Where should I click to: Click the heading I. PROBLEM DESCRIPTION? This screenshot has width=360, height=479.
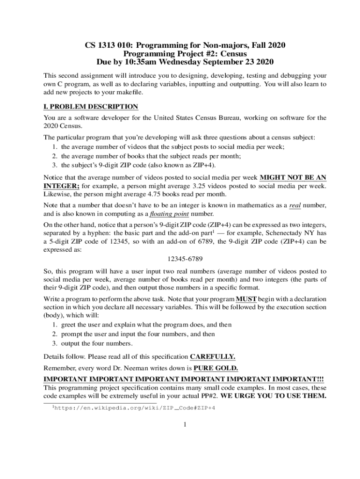click(91, 107)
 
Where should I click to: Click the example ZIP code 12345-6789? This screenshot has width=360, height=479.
click(185, 259)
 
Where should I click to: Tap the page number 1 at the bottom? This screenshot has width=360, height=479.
click(185, 425)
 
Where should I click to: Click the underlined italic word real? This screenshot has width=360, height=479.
click(295, 205)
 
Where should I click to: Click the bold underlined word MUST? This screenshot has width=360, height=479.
click(245, 298)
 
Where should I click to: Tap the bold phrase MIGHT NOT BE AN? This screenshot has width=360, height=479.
click(293, 178)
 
